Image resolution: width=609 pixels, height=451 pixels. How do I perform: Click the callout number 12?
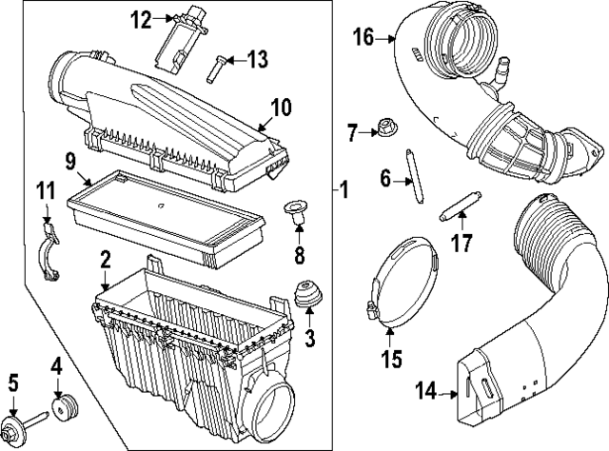pyautogui.click(x=141, y=18)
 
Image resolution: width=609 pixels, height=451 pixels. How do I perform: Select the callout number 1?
pyautogui.click(x=344, y=191)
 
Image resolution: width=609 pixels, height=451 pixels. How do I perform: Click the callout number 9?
pyautogui.click(x=70, y=161)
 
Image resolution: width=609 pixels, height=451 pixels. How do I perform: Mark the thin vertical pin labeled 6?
pyautogui.click(x=413, y=179)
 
